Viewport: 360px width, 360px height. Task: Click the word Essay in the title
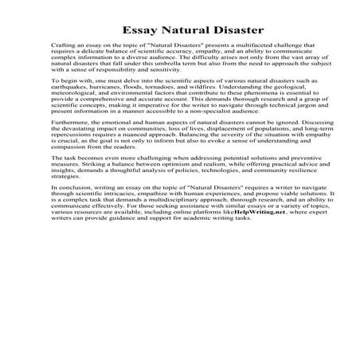click(140, 32)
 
